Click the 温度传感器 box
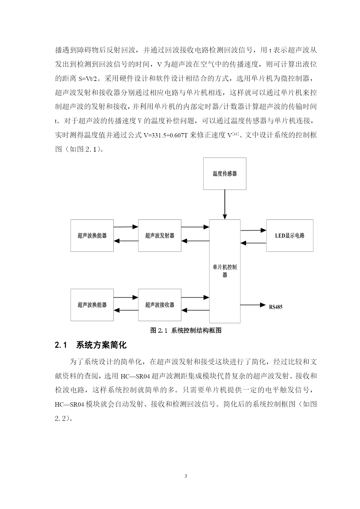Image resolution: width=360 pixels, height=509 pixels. (x=225, y=174)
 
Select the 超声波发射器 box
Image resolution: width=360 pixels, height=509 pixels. (x=160, y=236)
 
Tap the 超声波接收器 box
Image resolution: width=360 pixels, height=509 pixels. (x=160, y=305)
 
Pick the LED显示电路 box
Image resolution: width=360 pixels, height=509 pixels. (x=290, y=236)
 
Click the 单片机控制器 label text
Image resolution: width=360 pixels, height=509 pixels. (x=225, y=271)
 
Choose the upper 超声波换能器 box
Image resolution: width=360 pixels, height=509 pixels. (x=92, y=236)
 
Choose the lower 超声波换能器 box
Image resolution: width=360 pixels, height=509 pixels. (x=92, y=305)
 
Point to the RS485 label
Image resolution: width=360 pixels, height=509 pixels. (x=276, y=307)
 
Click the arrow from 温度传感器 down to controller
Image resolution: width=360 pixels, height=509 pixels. (x=225, y=204)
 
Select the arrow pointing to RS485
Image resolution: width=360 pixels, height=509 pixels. (x=253, y=305)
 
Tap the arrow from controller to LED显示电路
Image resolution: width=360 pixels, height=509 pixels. (x=254, y=230)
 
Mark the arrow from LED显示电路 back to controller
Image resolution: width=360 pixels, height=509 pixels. (x=254, y=243)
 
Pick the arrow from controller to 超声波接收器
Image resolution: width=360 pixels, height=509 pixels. (x=195, y=310)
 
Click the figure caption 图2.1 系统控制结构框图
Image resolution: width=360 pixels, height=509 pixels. (x=186, y=330)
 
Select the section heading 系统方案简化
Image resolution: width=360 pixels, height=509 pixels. (x=101, y=345)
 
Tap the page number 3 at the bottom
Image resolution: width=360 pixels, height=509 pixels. (x=186, y=476)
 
